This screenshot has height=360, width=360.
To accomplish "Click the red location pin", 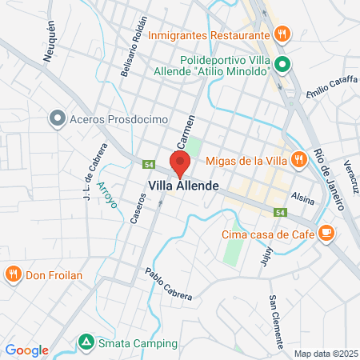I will [x=180, y=163].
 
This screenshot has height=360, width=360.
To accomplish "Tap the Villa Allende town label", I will [x=185, y=185].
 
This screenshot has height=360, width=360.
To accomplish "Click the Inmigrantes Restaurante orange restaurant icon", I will [x=281, y=34].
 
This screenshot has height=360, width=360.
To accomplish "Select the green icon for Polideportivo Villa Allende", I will [x=281, y=65].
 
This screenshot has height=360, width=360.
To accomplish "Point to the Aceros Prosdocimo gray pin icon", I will [x=57, y=119].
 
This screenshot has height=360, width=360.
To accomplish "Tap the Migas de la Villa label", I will [x=246, y=159].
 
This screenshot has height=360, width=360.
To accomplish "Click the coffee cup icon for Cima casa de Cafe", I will [x=326, y=233].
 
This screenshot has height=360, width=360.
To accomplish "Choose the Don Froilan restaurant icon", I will [x=14, y=274].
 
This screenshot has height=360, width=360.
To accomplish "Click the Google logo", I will [x=26, y=350].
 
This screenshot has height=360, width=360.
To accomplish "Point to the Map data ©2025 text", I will [x=324, y=353].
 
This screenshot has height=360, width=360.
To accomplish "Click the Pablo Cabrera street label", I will [x=168, y=285].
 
